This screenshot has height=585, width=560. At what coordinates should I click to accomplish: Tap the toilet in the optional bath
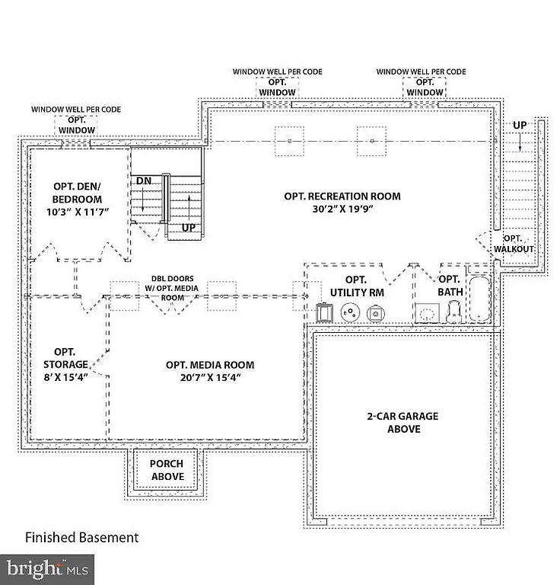pos(454,312)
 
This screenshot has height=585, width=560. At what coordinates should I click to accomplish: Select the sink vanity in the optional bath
pos(427,312)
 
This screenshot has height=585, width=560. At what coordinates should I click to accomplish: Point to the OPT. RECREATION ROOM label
pos(342,196)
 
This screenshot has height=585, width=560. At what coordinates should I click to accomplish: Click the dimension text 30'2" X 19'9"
pos(342,208)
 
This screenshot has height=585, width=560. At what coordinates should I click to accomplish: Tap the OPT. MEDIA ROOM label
pos(210,365)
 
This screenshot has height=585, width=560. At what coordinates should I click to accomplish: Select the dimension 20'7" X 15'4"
pos(210,377)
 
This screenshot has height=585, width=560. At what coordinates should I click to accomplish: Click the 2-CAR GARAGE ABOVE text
pos(402,423)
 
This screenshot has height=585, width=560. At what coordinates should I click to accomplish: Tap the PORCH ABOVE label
pos(166,470)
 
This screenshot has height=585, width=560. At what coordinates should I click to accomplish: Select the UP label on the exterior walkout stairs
pos(520,125)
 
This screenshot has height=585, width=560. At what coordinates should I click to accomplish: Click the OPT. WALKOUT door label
pos(514,244)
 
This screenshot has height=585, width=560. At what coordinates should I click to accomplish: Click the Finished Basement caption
pos(82,538)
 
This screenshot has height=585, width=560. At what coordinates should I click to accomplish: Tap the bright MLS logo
pos(47,568)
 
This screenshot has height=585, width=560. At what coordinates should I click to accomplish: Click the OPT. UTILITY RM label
pos(356,286)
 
